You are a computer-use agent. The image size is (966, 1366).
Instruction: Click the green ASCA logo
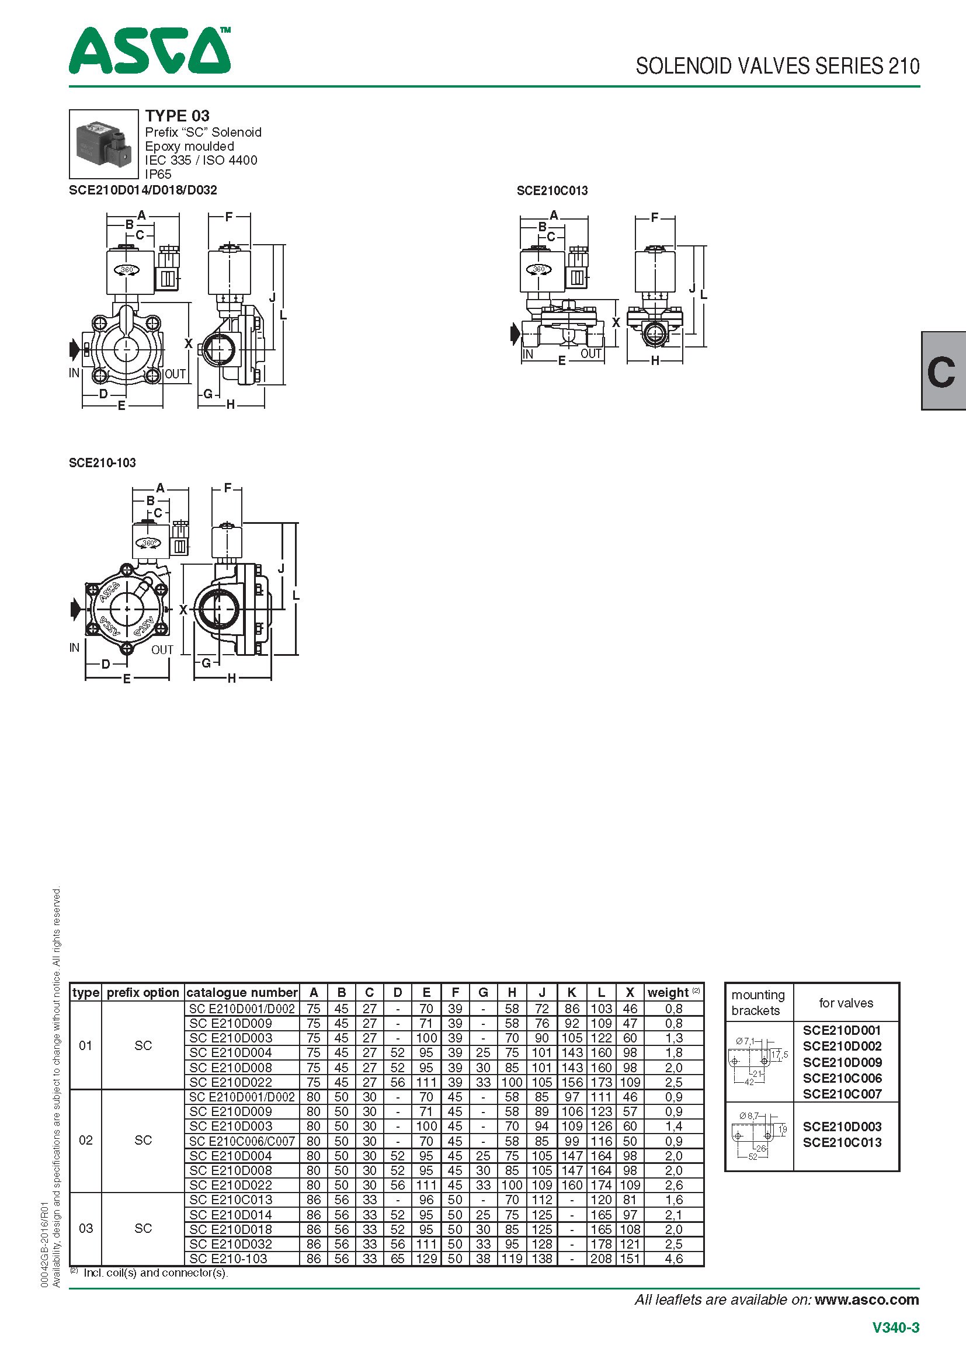(150, 51)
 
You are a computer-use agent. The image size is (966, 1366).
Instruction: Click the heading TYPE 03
(178, 116)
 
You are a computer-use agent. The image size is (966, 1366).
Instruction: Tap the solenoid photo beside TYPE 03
(103, 144)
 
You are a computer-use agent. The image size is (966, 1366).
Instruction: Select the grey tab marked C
(943, 371)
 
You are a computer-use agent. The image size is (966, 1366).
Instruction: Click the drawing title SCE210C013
(552, 190)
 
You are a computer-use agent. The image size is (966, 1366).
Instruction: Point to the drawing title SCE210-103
(102, 463)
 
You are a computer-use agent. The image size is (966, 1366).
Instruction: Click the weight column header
(673, 992)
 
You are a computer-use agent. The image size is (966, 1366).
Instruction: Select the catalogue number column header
(242, 992)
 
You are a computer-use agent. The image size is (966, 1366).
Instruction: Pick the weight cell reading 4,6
(674, 1259)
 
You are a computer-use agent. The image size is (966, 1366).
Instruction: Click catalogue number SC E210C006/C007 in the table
(242, 1141)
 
